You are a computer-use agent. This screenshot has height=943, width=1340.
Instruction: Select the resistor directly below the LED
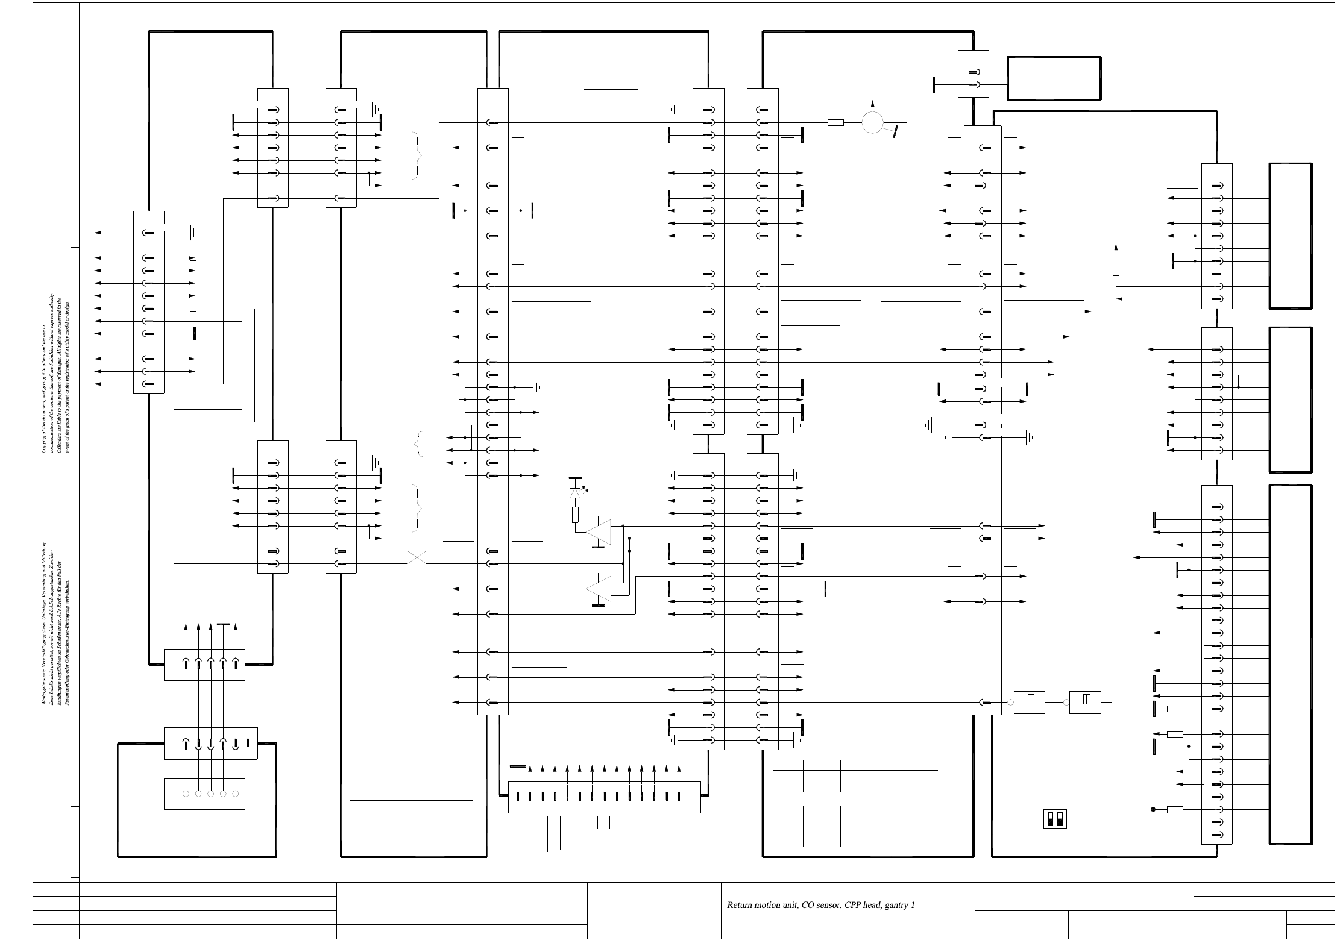pos(575,514)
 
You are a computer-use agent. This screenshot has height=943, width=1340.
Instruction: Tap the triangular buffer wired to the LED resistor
pos(599,531)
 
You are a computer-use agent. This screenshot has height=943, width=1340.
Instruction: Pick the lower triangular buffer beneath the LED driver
pos(600,588)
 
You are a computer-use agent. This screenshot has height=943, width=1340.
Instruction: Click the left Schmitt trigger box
pos(1029,702)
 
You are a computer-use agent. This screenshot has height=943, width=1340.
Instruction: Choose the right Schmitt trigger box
pos(1085,702)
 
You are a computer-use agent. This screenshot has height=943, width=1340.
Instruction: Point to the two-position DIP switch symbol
pos(1054,818)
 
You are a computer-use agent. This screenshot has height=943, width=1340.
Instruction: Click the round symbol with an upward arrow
pos(872,122)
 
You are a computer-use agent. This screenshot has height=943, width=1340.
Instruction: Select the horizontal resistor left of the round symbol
pos(835,123)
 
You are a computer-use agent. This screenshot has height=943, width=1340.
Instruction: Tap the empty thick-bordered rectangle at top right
pos(1054,78)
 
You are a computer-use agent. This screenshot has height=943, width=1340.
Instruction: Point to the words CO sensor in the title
pos(820,905)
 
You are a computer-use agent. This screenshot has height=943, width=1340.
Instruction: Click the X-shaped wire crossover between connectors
pos(417,557)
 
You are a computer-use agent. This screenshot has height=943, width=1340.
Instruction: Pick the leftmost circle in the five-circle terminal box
pos(186,794)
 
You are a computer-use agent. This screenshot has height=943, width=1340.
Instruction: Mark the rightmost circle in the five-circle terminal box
pos(236,794)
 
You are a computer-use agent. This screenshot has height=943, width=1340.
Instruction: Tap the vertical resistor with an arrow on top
pos(1116,267)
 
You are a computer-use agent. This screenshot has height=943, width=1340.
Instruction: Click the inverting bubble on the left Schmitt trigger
pos(1010,702)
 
